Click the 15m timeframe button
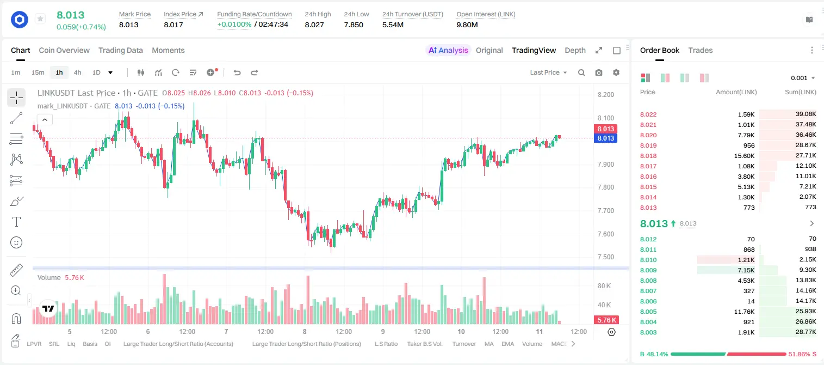pos(38,72)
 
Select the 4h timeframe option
pos(77,72)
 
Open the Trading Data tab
pos(120,50)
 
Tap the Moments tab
pos(168,50)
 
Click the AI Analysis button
pos(448,50)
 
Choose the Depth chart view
pos(575,50)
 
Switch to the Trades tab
pos(701,50)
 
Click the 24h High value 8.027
pos(314,25)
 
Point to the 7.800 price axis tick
pos(605,187)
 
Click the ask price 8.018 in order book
pos(648,156)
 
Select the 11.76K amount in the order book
pos(744,312)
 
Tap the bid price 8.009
pos(648,270)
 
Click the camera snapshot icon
pos(599,72)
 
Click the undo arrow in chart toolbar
pos(237,72)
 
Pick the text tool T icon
pos(16,222)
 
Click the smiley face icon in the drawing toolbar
pos(16,242)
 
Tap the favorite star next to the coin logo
pos(40,19)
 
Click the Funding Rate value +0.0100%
pos(234,25)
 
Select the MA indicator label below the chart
pos(489,344)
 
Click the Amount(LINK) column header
pos(736,92)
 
